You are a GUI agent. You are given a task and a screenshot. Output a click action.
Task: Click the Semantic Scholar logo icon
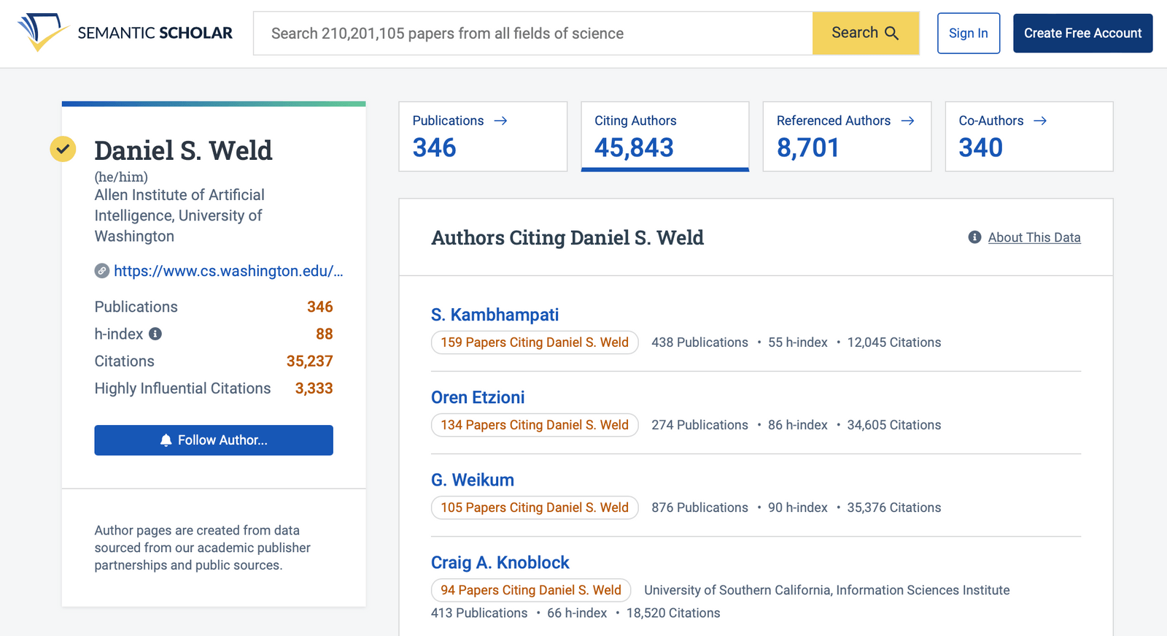coord(42,32)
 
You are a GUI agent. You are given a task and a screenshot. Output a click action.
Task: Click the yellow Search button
coord(865,33)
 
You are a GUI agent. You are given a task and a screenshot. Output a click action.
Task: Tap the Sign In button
coord(968,33)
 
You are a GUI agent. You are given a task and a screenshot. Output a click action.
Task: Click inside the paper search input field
coord(532,33)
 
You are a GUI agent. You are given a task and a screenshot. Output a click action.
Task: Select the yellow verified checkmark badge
coord(63,149)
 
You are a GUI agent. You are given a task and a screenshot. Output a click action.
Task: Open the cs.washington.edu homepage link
coord(228,271)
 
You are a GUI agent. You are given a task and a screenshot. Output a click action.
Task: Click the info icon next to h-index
coord(155,334)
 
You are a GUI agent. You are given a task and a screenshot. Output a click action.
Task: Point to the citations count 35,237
coord(309,361)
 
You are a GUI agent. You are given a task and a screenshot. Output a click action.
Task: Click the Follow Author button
coord(214,440)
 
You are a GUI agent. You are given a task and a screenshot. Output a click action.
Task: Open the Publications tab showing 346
coord(482,137)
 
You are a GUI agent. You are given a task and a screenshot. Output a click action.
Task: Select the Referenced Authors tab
coord(846,137)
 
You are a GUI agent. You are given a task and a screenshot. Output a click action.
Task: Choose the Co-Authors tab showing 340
coord(1028,137)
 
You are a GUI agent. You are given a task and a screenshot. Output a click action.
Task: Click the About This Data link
coord(1034,237)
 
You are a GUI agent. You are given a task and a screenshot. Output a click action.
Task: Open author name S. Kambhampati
coord(495,315)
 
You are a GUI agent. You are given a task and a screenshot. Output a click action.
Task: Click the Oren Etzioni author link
coord(478,397)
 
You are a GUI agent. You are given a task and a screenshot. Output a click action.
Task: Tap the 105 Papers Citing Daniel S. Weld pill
coord(534,507)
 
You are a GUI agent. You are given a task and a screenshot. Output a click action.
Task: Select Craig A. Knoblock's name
coord(500,562)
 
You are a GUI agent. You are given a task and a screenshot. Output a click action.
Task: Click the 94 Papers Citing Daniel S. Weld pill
coord(530,590)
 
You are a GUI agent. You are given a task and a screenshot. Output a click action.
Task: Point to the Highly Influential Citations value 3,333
coord(314,388)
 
